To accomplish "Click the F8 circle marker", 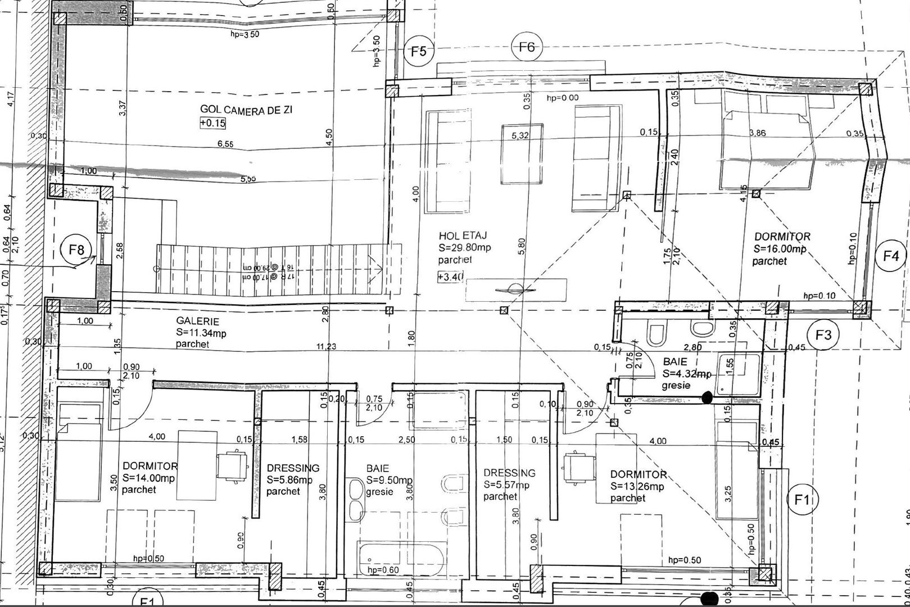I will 77,250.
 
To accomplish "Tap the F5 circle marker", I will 419,52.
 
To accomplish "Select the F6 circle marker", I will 526,47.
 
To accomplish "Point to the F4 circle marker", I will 891,256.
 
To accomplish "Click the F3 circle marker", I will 823,335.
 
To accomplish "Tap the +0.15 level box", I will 212,123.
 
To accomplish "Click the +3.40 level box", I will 450,277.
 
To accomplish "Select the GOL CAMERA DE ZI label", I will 246,110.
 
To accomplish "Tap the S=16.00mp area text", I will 780,249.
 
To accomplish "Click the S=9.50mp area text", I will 390,481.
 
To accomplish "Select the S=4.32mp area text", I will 687,374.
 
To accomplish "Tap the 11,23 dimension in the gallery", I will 326,347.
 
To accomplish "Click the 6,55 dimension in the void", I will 225,144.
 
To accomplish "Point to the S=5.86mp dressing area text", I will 289,480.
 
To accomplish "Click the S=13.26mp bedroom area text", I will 637,487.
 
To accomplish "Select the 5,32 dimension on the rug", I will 521,135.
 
